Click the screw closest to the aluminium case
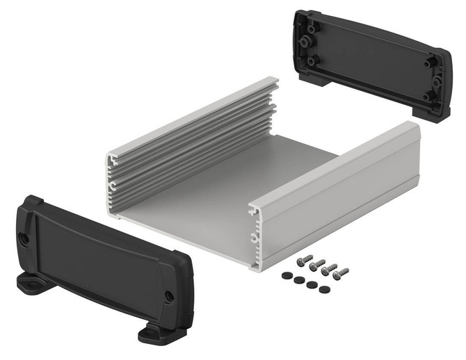tap(304, 259)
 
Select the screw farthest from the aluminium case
tap(340, 274)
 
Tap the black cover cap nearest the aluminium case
tap(286, 275)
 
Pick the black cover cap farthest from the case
tap(323, 288)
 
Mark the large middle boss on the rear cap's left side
tap(305, 42)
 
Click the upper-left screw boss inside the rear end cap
tap(309, 27)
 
